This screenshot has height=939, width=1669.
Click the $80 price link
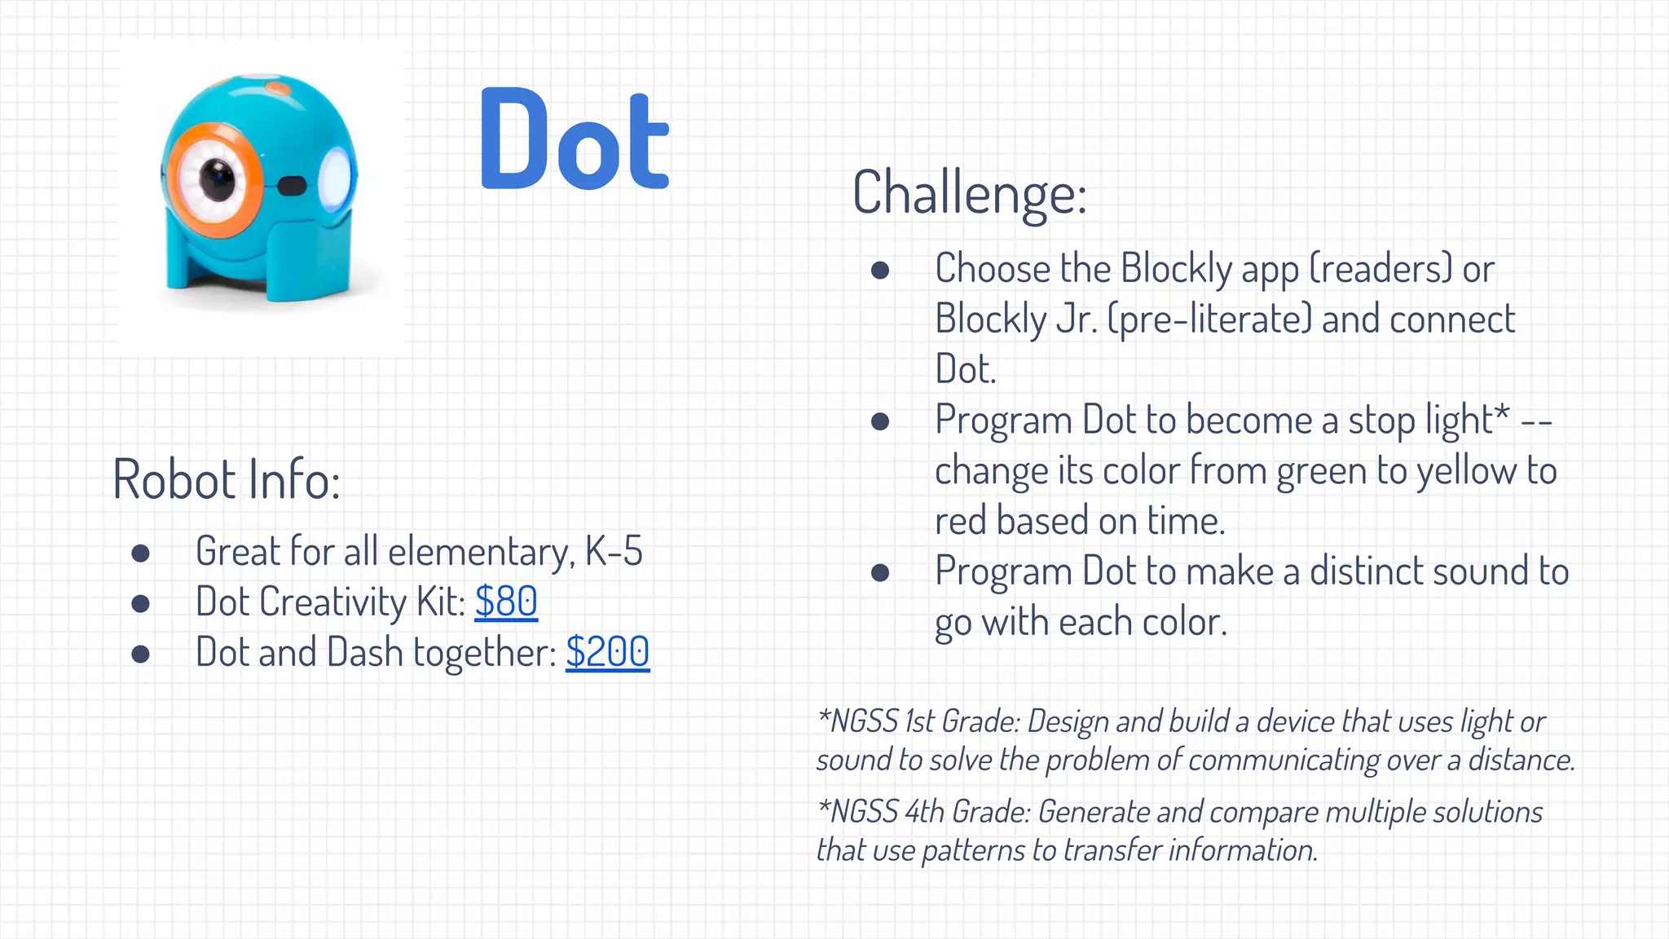click(506, 602)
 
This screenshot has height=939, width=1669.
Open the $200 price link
click(607, 653)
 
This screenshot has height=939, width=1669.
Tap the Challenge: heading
click(969, 194)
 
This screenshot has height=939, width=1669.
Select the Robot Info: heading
click(226, 479)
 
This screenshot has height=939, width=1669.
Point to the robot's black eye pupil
click(217, 178)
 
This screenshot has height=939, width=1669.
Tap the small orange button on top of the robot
click(278, 86)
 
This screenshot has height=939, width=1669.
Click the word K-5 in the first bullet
click(614, 552)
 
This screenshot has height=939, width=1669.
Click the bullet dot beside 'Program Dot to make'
click(879, 572)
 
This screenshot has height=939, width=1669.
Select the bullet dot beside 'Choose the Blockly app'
click(879, 270)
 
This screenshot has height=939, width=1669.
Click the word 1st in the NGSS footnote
click(920, 721)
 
